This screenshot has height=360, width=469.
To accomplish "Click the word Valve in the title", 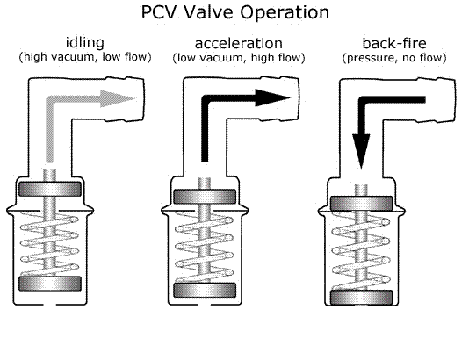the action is click(x=208, y=12).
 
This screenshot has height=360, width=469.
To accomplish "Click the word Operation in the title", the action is click(x=285, y=13).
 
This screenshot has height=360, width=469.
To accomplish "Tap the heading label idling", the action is click(x=85, y=43).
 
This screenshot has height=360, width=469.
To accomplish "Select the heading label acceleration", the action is click(x=238, y=43).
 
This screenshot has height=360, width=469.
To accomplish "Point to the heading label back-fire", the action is click(x=394, y=43).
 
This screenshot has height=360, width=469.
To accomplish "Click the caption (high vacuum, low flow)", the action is click(x=85, y=57).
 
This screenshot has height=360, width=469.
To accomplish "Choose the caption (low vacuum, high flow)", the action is click(x=239, y=57).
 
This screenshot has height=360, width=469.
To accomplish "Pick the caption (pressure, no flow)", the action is click(x=394, y=58).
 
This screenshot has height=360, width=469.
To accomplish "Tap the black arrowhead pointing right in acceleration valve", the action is click(x=273, y=97).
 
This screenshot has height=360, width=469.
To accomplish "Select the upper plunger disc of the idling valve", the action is click(x=50, y=189).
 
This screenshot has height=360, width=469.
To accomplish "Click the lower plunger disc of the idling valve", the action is click(x=50, y=284).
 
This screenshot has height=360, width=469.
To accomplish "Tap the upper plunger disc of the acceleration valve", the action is click(x=205, y=197).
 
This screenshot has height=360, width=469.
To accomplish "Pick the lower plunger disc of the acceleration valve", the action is click(x=205, y=290).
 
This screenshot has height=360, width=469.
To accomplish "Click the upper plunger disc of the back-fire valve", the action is click(x=361, y=204).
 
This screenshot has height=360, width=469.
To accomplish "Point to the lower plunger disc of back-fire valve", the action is click(x=361, y=298).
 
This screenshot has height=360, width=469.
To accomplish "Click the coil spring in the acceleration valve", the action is click(x=205, y=247).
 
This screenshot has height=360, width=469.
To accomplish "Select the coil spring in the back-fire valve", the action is click(x=361, y=251).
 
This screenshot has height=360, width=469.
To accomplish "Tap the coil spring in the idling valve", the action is click(x=49, y=243).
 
